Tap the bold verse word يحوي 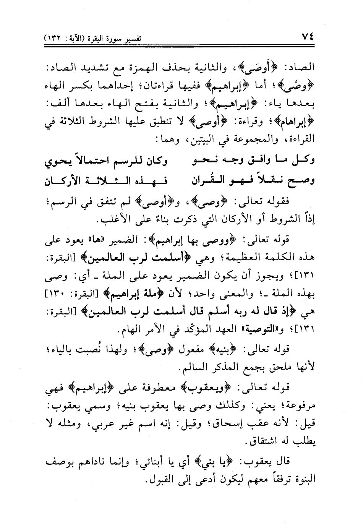coord(55,162)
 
